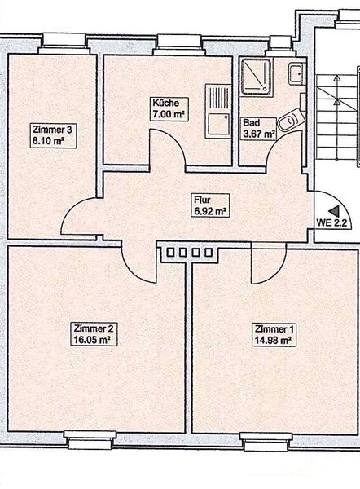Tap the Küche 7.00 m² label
tap(168, 108)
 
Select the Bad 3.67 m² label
tap(259, 128)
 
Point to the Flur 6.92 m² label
tap(211, 205)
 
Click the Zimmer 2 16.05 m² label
tap(94, 334)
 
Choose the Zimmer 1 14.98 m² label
tap(274, 335)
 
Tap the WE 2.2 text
tap(331, 222)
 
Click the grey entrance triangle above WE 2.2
tap(335, 211)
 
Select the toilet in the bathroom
tap(291, 120)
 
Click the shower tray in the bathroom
tap(256, 76)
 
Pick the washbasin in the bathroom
tap(296, 74)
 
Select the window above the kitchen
tap(179, 43)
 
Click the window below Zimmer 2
tap(90, 440)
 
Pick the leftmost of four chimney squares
tap(170, 252)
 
